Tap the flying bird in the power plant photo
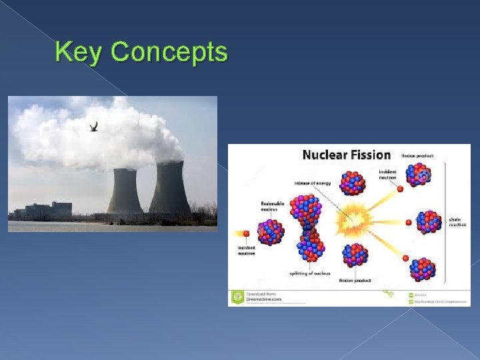(94, 126)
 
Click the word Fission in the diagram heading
(369, 155)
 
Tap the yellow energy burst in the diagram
(351, 219)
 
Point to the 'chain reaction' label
(457, 222)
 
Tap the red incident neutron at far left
(246, 234)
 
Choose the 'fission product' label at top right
(417, 155)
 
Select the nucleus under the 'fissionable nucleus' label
(271, 231)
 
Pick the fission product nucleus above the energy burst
(353, 183)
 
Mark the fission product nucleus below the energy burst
(355, 255)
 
